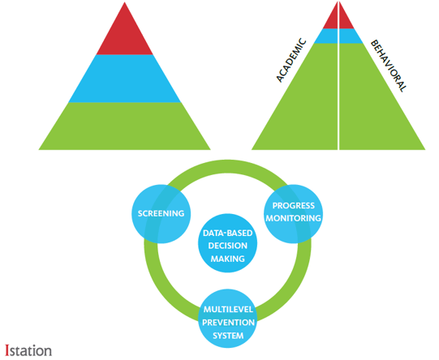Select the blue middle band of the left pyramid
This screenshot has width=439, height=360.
click(x=125, y=79)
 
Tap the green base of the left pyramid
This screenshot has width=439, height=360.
click(x=125, y=126)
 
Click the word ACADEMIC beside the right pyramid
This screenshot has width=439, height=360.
click(x=291, y=61)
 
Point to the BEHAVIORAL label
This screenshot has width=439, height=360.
click(x=389, y=66)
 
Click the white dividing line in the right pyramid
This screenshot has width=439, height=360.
click(x=338, y=75)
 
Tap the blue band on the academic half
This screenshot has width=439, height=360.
click(x=327, y=36)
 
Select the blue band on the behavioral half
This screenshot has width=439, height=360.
click(x=351, y=36)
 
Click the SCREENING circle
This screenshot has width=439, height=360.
click(x=161, y=214)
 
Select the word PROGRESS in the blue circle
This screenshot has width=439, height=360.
click(x=294, y=206)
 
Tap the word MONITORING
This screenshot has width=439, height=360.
click(x=294, y=218)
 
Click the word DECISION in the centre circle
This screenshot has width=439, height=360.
click(x=228, y=246)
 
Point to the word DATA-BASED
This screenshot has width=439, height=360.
click(x=228, y=233)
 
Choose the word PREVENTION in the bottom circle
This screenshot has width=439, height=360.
click(x=228, y=323)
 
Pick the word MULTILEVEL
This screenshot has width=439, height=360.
click(x=228, y=310)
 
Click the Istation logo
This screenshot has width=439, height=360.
click(x=28, y=351)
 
